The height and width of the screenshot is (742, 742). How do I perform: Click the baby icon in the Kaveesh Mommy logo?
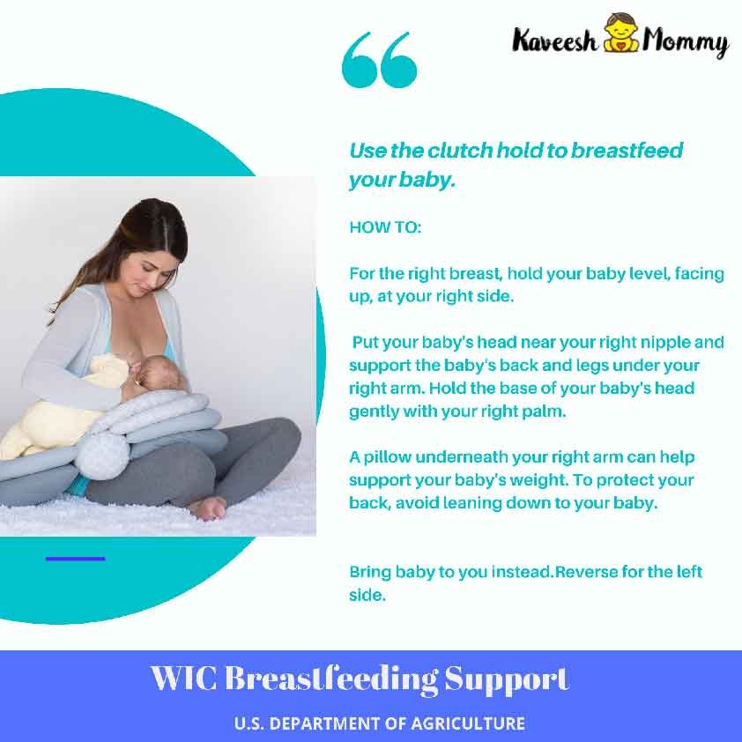click(x=621, y=33)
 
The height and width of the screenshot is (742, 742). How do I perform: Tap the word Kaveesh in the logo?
click(x=555, y=40)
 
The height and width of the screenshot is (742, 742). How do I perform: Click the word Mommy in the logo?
click(x=685, y=41)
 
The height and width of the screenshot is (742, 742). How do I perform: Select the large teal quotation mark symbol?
click(x=379, y=60)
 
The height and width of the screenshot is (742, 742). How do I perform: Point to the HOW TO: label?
click(x=385, y=227)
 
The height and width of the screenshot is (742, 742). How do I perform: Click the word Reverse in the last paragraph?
click(x=586, y=572)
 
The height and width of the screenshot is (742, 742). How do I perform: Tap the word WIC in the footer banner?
click(x=184, y=679)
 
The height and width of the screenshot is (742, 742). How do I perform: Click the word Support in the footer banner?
click(x=507, y=680)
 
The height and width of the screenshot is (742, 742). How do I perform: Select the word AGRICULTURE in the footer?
click(x=468, y=723)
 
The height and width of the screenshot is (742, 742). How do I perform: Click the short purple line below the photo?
click(x=75, y=559)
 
